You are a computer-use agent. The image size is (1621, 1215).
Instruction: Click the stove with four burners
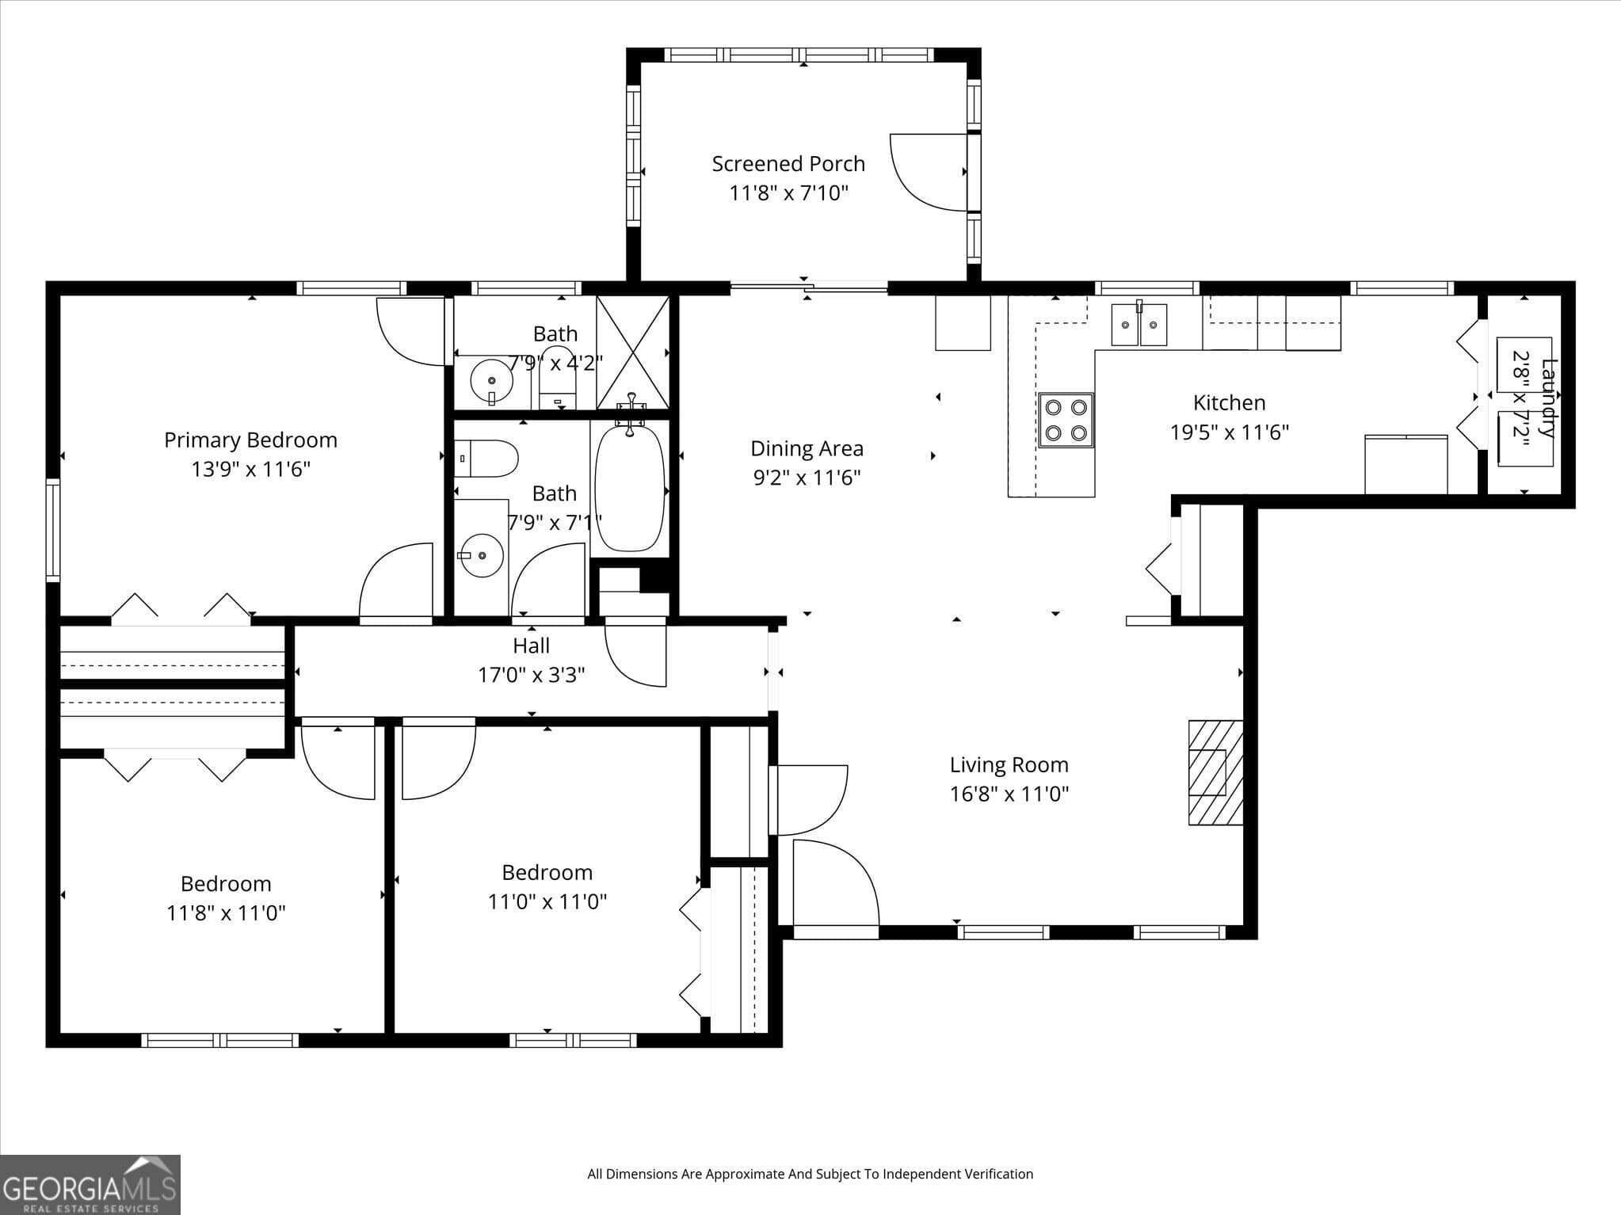pyautogui.click(x=1066, y=420)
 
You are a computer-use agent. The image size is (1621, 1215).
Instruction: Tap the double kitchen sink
pyautogui.click(x=1139, y=325)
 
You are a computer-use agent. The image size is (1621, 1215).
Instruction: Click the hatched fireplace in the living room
pyautogui.click(x=1215, y=771)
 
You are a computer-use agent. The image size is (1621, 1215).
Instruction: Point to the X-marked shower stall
pyautogui.click(x=632, y=352)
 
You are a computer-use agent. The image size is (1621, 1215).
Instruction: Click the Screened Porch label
pyautogui.click(x=788, y=164)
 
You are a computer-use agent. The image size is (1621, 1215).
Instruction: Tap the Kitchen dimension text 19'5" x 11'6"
pyautogui.click(x=1229, y=432)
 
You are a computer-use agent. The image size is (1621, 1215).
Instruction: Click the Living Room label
pyautogui.click(x=1009, y=764)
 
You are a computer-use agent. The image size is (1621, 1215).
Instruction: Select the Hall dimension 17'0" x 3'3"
pyautogui.click(x=531, y=675)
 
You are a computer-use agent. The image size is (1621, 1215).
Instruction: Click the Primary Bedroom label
pyautogui.click(x=250, y=440)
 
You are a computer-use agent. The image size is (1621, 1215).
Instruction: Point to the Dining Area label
pyautogui.click(x=807, y=448)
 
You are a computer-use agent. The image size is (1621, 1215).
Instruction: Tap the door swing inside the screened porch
pyautogui.click(x=927, y=173)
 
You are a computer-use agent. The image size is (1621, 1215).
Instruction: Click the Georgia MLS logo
pyautogui.click(x=90, y=1184)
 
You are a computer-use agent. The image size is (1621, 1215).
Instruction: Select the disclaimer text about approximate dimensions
pyautogui.click(x=810, y=1174)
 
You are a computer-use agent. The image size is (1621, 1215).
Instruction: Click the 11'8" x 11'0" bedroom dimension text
pyautogui.click(x=226, y=913)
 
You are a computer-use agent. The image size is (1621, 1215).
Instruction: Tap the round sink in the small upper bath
pyautogui.click(x=491, y=381)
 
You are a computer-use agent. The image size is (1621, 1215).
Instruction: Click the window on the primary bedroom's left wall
pyautogui.click(x=53, y=529)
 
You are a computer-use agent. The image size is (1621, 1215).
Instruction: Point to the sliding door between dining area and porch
pyautogui.click(x=808, y=287)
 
